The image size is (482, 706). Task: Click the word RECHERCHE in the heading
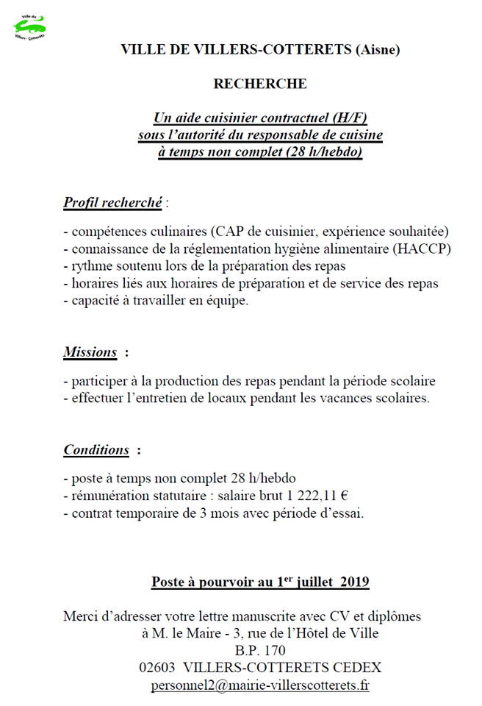(260, 84)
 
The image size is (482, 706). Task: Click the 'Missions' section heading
(90, 352)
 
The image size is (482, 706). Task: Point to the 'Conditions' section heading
(96, 449)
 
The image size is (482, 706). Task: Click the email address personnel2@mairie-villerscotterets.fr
(260, 685)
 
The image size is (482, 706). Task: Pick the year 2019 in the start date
(352, 582)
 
